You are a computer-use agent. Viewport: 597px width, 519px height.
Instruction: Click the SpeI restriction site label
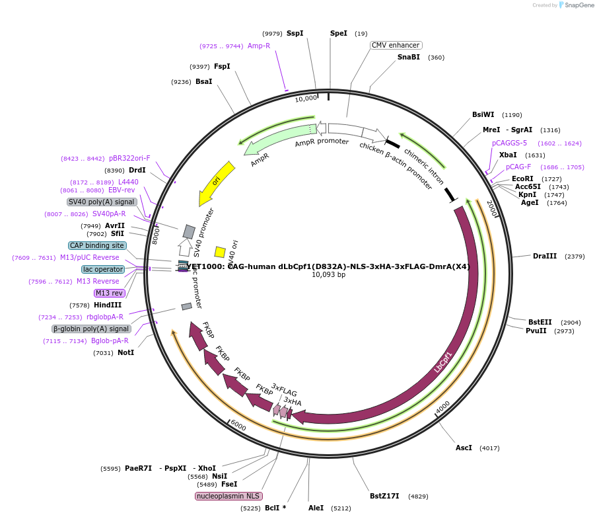(338, 33)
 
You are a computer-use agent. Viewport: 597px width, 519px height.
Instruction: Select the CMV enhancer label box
(396, 45)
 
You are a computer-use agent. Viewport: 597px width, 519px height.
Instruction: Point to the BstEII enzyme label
(540, 322)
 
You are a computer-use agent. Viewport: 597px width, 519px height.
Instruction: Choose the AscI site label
(464, 448)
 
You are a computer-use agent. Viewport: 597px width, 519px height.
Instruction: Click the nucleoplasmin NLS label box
(228, 496)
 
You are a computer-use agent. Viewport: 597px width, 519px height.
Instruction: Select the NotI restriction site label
(125, 352)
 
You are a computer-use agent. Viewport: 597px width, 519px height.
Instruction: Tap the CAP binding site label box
(97, 245)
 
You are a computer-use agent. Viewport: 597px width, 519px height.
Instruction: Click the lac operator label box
(103, 269)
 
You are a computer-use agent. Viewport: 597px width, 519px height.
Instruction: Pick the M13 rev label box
(109, 293)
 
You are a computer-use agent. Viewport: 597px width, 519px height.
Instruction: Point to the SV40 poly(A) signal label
(102, 202)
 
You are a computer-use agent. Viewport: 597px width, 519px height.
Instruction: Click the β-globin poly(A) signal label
(91, 329)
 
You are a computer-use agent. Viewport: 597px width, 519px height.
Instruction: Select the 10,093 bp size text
(328, 274)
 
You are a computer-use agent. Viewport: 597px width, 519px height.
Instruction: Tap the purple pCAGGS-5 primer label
(509, 143)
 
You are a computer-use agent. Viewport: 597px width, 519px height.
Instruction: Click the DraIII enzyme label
(545, 256)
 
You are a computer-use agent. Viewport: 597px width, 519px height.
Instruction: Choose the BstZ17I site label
(384, 496)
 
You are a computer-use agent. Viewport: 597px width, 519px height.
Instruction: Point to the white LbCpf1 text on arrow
(443, 362)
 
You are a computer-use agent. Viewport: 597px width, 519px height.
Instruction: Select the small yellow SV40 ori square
(220, 252)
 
